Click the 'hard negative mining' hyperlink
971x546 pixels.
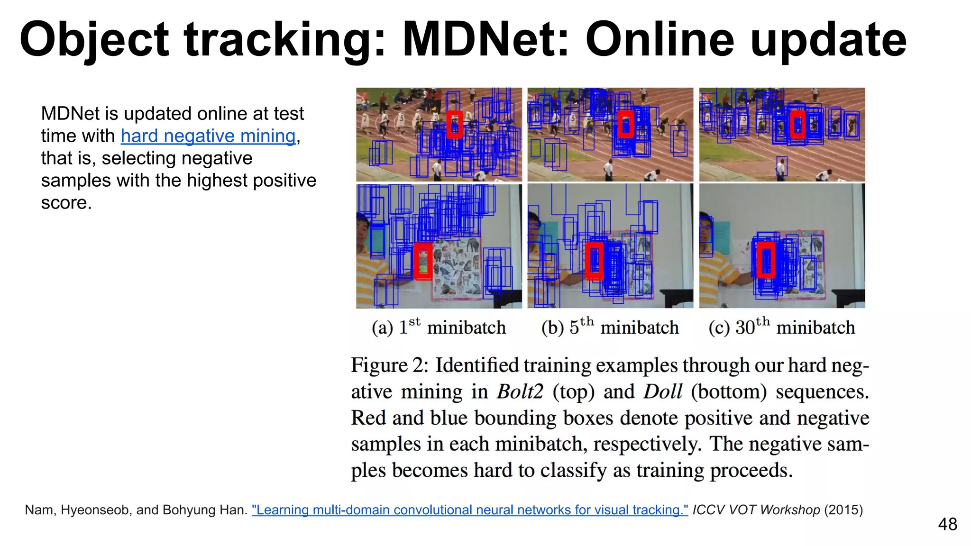click(x=208, y=136)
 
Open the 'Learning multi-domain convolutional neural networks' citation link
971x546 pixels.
click(x=469, y=510)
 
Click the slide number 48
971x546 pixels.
click(x=947, y=524)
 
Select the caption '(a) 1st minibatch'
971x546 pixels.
click(x=439, y=328)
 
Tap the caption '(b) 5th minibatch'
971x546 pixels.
click(x=610, y=328)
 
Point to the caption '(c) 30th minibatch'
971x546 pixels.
click(x=781, y=328)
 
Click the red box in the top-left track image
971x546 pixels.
click(x=454, y=125)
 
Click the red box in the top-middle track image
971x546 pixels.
click(x=626, y=125)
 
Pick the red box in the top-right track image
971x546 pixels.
click(x=797, y=125)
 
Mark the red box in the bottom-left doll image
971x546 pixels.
click(x=422, y=261)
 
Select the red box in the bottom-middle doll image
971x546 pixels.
click(x=595, y=261)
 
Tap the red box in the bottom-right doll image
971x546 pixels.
click(x=765, y=260)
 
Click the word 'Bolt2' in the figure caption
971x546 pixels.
click(x=520, y=392)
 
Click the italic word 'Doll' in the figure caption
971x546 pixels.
click(x=662, y=392)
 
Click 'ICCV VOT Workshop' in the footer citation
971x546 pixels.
click(x=756, y=510)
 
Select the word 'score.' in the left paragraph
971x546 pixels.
click(x=66, y=203)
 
